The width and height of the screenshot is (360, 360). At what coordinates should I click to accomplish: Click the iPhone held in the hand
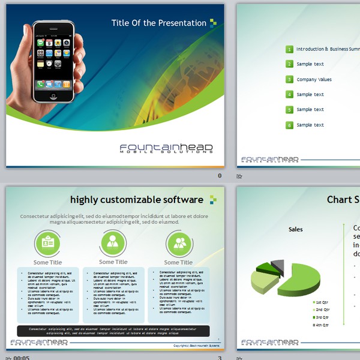(x=53, y=62)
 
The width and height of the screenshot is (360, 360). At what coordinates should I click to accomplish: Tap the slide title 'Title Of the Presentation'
(x=158, y=23)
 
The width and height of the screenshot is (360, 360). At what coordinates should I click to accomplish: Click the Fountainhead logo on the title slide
(x=166, y=148)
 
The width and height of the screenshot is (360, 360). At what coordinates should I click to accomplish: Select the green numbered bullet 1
(x=289, y=49)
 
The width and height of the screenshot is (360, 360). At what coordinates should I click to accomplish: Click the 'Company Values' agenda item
(x=314, y=80)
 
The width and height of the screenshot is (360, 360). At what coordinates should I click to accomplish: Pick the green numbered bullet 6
(x=289, y=125)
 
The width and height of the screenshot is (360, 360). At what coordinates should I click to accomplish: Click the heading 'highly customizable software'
(x=136, y=199)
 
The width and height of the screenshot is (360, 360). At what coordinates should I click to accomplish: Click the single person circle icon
(x=113, y=243)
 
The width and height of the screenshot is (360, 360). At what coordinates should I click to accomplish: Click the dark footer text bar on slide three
(x=113, y=331)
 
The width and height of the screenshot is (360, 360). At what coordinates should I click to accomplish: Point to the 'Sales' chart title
(x=296, y=229)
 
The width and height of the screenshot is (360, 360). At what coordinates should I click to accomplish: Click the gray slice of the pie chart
(x=277, y=265)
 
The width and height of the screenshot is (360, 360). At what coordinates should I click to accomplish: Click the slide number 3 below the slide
(x=220, y=358)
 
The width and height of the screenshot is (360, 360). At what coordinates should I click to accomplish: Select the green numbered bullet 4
(x=289, y=95)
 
